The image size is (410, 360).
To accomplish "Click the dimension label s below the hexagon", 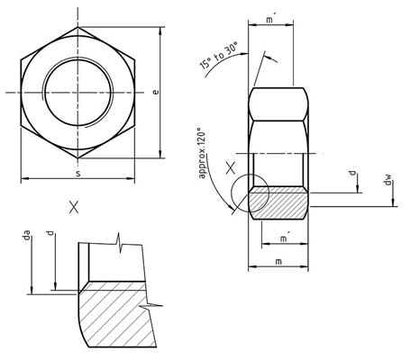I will click(x=77, y=171).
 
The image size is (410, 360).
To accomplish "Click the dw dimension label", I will click(x=387, y=183).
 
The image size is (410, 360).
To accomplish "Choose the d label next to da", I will click(x=50, y=235).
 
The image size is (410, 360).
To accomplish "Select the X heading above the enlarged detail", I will click(x=73, y=206).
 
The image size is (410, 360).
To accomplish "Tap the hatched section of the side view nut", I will click(x=279, y=202).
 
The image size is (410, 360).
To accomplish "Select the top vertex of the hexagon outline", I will click(x=77, y=27).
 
